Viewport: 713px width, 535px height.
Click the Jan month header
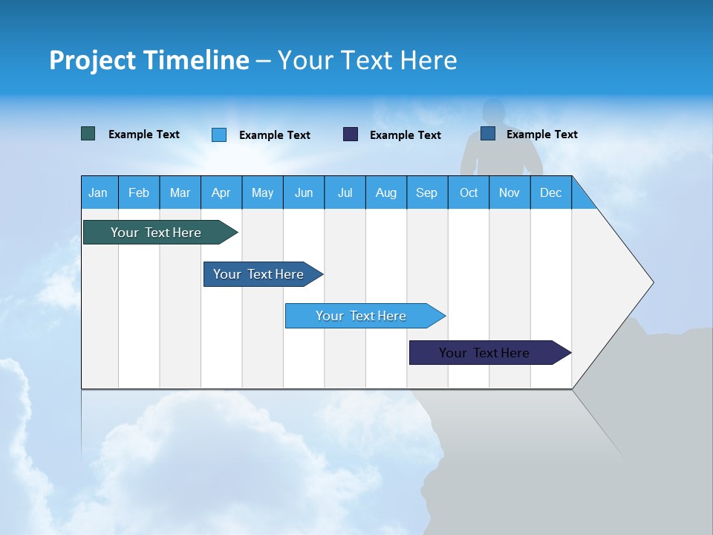click(x=98, y=192)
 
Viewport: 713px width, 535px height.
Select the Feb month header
click(x=139, y=192)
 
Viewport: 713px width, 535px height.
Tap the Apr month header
click(x=221, y=192)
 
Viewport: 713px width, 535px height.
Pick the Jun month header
click(x=304, y=192)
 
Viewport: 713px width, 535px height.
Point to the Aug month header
click(x=385, y=192)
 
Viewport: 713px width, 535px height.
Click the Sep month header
click(x=426, y=192)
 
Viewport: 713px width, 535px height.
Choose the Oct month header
click(x=469, y=192)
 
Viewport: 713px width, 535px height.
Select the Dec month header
click(x=550, y=192)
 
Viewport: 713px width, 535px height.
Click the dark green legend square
click(x=88, y=134)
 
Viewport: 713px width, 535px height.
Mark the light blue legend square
click(x=219, y=134)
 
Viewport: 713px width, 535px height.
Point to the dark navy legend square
click(x=351, y=134)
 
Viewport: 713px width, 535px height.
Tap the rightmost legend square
click(x=488, y=134)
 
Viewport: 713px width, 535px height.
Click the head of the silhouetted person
click(x=498, y=113)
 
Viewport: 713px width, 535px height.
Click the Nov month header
click(x=509, y=192)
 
